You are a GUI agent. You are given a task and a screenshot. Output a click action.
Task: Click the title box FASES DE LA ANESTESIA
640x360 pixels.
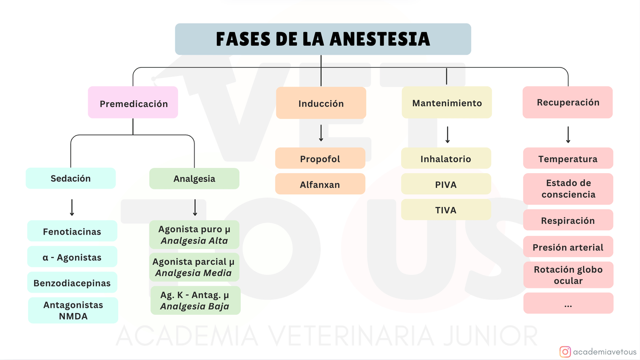coord(323,39)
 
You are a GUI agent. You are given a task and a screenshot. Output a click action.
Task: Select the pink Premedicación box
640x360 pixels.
coord(133,103)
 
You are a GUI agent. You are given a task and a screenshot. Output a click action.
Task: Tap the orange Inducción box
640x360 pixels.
coord(321,103)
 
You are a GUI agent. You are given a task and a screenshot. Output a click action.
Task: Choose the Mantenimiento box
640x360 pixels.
coord(447,103)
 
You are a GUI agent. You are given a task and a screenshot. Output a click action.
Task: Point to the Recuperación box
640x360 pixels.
coord(568,102)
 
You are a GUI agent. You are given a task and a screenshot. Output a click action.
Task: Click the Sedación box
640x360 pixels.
coord(70,178)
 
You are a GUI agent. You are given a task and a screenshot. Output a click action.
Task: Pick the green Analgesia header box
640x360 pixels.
coord(194,179)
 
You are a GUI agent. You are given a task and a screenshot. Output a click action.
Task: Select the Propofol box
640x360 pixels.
coord(320,159)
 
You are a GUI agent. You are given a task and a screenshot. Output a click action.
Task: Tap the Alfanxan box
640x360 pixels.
coord(320,184)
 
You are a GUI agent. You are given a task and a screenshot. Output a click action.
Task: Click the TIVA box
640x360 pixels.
coord(446,210)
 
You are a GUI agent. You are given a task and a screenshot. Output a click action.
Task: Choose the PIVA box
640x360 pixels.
coord(446,184)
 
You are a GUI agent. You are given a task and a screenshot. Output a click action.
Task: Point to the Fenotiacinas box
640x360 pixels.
coord(72,232)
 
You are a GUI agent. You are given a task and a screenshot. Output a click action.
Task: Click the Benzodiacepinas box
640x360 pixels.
coord(72,283)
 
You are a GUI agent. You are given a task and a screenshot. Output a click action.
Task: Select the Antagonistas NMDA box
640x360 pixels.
coord(73,311)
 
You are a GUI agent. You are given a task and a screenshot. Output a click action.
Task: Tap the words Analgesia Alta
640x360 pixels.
coord(194,241)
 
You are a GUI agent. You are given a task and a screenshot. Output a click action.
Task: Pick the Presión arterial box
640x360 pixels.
coord(568,247)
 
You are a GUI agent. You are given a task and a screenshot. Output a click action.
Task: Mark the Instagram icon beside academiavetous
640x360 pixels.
coord(565,352)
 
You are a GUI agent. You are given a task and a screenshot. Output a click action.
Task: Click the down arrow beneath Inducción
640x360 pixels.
coord(321,133)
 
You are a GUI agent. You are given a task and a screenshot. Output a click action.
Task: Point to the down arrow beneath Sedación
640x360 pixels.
coord(72,207)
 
